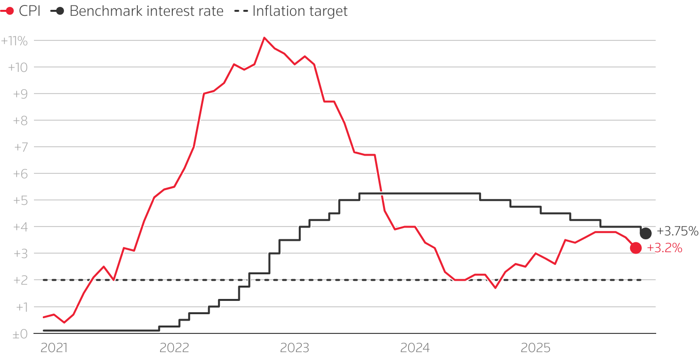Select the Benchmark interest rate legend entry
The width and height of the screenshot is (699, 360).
[137, 11]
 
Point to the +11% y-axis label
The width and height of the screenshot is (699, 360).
[14, 41]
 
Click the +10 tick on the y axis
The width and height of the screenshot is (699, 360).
[18, 67]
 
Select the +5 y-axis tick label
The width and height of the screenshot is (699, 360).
[20, 200]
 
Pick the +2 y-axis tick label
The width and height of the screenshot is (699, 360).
[20, 280]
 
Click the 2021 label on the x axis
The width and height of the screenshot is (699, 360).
[54, 348]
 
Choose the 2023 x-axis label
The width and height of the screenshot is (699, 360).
[294, 348]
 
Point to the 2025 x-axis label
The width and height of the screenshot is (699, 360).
[536, 348]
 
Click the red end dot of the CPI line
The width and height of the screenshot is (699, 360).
[635, 248]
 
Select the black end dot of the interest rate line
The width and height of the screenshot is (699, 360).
[645, 233]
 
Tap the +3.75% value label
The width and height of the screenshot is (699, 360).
[677, 231]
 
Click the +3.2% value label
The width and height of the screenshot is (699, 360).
[665, 249]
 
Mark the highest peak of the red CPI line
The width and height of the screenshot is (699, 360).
[264, 37]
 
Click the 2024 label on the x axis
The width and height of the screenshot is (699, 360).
[415, 348]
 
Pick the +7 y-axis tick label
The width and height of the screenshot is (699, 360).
[20, 147]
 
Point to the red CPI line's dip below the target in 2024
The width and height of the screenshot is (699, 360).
[495, 288]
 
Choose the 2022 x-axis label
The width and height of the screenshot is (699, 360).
[174, 348]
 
